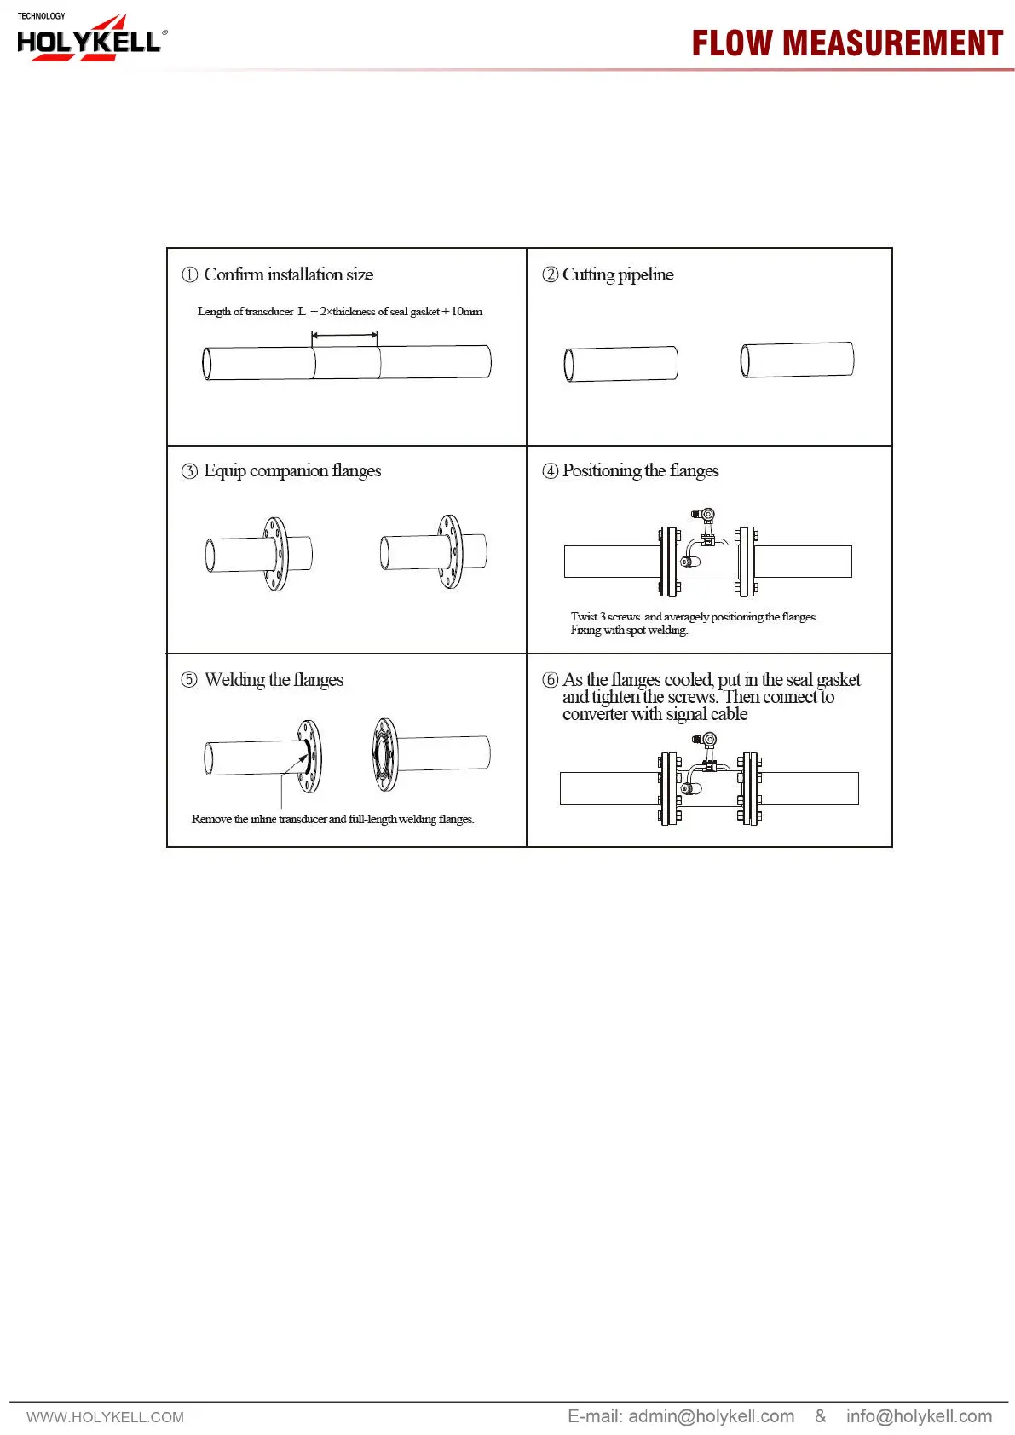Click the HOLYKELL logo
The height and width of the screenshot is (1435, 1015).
[89, 39]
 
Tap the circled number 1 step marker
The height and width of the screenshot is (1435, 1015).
[189, 274]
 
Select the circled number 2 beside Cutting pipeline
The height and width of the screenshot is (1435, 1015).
[551, 274]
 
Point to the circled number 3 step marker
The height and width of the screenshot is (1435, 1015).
[189, 471]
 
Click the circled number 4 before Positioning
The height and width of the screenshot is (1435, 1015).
[551, 471]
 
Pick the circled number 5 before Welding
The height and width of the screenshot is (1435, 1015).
[189, 680]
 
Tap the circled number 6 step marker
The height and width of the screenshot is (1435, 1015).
[551, 680]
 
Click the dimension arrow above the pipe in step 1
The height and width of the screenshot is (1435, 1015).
[345, 336]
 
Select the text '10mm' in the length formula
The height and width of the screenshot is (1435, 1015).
[466, 312]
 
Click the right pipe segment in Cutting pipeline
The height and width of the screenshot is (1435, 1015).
[797, 360]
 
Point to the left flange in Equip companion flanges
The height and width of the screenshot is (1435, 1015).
[275, 554]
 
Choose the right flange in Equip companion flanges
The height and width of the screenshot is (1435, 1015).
[450, 551]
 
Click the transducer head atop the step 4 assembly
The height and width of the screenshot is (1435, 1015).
[707, 516]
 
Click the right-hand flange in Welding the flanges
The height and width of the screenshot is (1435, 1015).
[385, 754]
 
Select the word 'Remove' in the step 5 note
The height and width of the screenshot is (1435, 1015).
[211, 820]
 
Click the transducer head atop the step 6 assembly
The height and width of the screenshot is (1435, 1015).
[708, 741]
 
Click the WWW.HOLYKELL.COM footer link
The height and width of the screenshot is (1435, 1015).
[105, 1417]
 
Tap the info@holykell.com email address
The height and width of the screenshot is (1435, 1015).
[919, 1416]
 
